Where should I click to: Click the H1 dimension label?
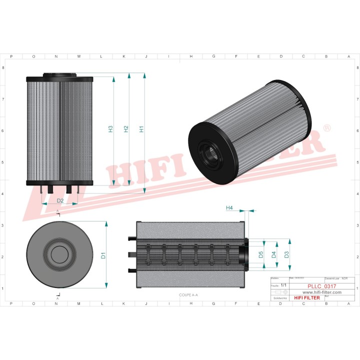click(141, 129)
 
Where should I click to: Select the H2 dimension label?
click(126, 129)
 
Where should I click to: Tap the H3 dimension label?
click(111, 129)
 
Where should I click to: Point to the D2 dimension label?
click(60, 200)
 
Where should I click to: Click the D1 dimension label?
click(103, 255)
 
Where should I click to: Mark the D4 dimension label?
click(273, 255)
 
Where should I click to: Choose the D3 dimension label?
click(286, 255)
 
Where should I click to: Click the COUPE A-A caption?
click(188, 295)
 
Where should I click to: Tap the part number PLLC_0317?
click(319, 286)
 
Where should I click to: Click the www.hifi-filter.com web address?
click(319, 292)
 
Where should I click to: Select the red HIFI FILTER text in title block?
click(307, 298)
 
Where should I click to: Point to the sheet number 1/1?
click(283, 284)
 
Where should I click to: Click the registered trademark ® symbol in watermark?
click(327, 128)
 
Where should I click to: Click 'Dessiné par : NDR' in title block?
click(336, 277)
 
